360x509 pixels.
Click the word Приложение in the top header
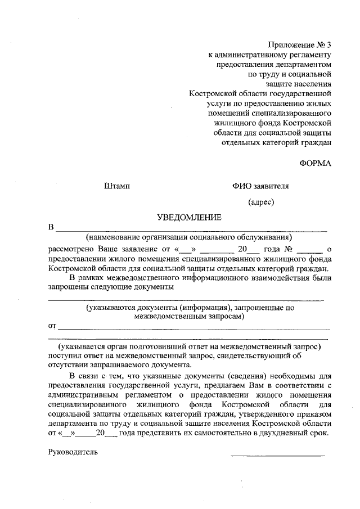[290, 44]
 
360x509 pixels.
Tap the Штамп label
[118, 186]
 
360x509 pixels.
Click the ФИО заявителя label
[260, 186]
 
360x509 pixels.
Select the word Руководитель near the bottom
[73, 452]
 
